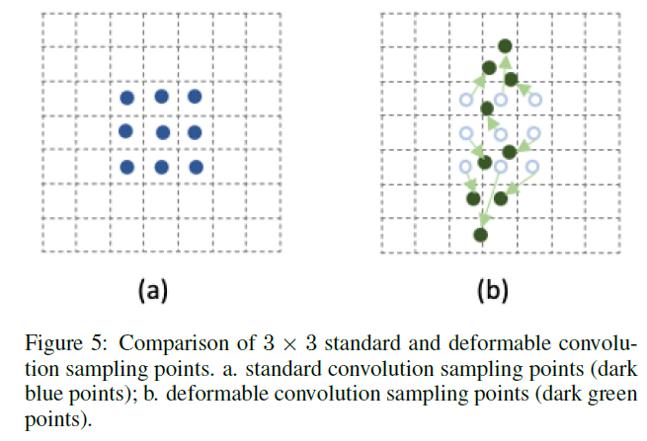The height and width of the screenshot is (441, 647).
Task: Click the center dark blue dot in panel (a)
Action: [162, 132]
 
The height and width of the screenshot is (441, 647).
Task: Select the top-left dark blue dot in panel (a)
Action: [127, 98]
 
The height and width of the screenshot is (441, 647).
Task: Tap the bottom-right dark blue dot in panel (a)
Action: [196, 168]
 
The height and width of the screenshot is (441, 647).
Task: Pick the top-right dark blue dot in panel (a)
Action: [195, 97]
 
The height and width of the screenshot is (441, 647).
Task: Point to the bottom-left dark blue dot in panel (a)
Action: [127, 167]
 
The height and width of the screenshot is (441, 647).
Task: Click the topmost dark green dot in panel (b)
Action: [505, 45]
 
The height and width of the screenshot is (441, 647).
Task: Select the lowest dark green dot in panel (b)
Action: [480, 235]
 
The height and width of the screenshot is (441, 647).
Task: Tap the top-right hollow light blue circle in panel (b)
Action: [535, 100]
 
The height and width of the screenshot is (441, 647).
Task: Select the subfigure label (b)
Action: [494, 289]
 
